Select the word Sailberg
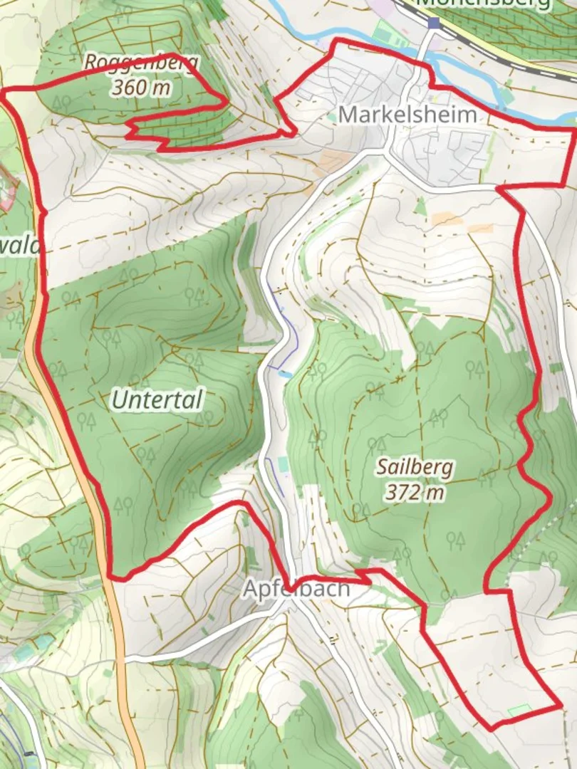415,467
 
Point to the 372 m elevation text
415,491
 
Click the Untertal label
157,400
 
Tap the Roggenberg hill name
141,63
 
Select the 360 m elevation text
141,88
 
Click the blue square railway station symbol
434,23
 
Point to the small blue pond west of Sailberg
285,374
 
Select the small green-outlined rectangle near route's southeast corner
519,710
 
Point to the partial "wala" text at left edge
21,246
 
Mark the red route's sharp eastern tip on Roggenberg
227,101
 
